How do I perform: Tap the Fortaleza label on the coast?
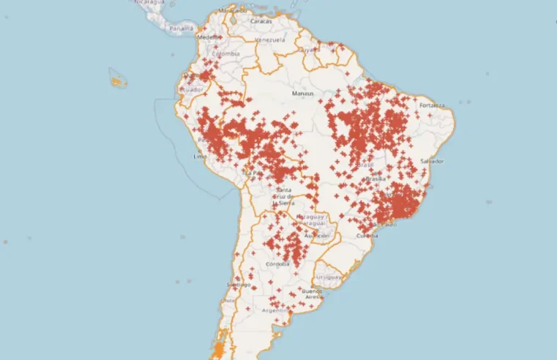(x=432, y=105)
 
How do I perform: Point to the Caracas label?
(x=261, y=21)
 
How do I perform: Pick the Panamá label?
(x=182, y=29)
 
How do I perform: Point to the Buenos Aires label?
(x=313, y=293)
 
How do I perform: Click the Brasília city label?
(x=375, y=179)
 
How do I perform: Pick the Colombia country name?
(x=225, y=54)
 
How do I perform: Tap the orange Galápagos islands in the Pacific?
(x=118, y=78)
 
